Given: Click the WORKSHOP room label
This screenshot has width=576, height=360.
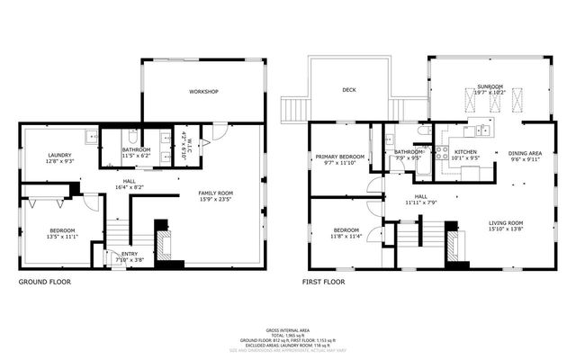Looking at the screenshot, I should [202, 92].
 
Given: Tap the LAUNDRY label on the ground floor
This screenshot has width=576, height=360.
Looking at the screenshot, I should [58, 155].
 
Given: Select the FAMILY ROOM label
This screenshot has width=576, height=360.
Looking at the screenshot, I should [215, 193].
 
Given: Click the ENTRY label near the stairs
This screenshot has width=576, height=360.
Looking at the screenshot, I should [130, 254].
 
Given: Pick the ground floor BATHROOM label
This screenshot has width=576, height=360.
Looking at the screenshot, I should [136, 149].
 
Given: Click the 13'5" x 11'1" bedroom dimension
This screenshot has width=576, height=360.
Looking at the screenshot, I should [63, 237].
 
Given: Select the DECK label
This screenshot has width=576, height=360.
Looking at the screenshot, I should [349, 90].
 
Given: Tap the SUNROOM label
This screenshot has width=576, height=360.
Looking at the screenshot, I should [490, 85].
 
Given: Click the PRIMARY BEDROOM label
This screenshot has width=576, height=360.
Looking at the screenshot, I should [339, 157].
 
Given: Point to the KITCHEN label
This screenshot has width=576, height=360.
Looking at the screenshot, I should [465, 152].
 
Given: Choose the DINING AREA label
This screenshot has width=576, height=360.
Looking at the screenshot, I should [525, 153].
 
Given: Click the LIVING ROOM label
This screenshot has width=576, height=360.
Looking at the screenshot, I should [505, 223].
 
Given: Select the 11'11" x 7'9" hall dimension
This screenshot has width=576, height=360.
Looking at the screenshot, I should [420, 202].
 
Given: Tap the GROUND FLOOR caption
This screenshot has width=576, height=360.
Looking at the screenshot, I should [45, 282].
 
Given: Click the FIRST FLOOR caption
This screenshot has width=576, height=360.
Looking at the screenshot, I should [323, 282].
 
